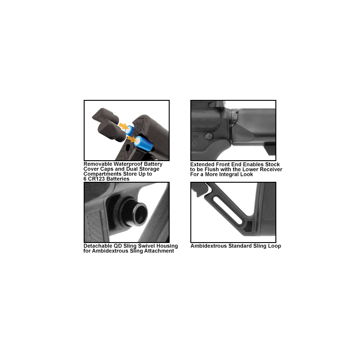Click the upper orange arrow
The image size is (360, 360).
point(124,126)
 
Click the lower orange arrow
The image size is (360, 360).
point(132,139)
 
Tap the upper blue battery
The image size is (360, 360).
point(130,130)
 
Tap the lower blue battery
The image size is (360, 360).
point(144,144)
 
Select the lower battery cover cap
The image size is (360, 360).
point(112,132)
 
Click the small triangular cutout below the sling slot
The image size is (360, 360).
point(248,227)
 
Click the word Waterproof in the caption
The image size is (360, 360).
point(128,164)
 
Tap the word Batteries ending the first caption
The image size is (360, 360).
point(118,179)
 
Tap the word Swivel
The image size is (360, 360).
point(147,246)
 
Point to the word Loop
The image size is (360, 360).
point(274,246)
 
